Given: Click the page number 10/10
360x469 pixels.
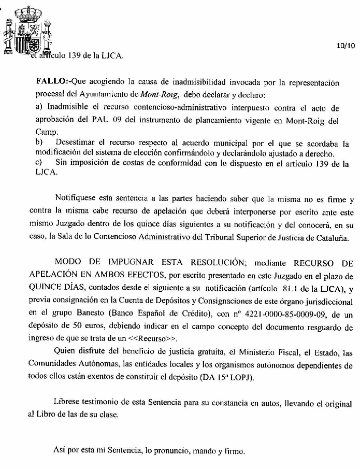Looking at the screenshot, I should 346,46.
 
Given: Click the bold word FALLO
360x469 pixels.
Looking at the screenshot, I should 51,82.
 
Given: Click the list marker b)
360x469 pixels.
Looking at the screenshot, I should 38,143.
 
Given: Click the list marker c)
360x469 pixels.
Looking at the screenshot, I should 38,163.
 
